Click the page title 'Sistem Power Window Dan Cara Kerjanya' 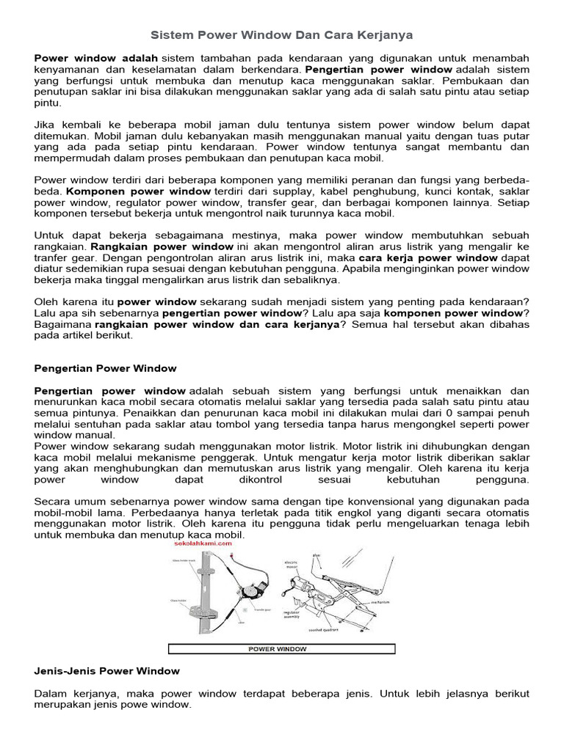pos(282,34)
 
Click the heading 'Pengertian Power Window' pos(105,367)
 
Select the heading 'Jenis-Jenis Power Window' pos(106,670)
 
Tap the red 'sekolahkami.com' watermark pos(198,545)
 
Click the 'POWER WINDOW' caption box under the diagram pos(282,648)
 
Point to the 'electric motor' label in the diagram pos(292,567)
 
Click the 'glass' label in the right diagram pos(317,554)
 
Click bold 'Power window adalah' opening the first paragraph pos(96,56)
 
